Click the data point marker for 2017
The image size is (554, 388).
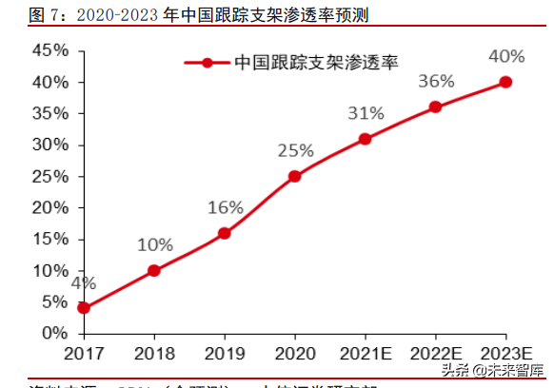click(x=84, y=308)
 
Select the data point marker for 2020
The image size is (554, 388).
click(x=294, y=176)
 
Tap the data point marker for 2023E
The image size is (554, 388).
click(x=505, y=82)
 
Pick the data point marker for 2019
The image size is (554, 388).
click(x=224, y=233)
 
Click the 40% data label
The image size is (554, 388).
click(x=505, y=56)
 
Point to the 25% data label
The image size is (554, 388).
click(x=295, y=150)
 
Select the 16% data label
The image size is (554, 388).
click(x=226, y=207)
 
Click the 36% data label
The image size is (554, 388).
click(x=436, y=82)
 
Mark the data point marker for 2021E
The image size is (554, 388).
click(x=365, y=139)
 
